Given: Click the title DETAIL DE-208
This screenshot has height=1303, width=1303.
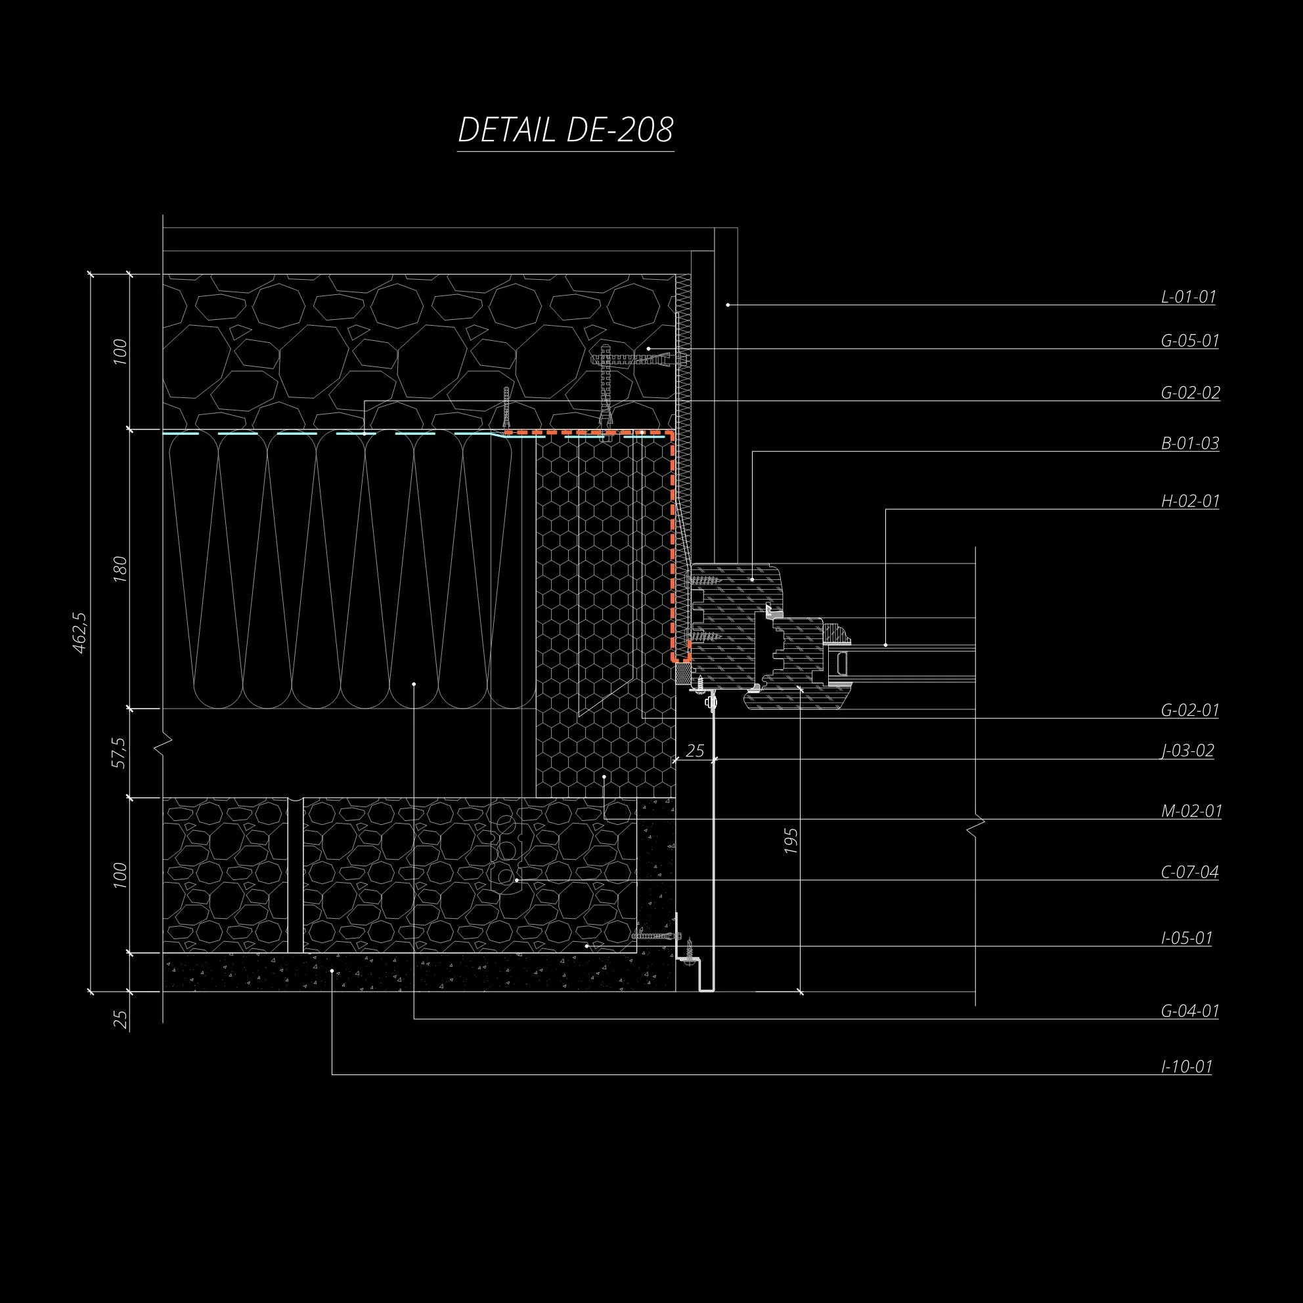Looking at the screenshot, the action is [565, 129].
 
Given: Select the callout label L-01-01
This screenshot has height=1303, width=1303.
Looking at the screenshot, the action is [1188, 297].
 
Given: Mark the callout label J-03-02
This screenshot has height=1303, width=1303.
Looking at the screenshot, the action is [1187, 751].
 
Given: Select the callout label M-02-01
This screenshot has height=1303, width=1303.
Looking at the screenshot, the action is [1191, 810].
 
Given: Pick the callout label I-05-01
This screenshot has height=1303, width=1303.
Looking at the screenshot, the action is [1187, 937].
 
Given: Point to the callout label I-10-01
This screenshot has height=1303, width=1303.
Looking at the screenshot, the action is [1187, 1067].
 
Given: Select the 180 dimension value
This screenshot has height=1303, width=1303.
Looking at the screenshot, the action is [120, 569].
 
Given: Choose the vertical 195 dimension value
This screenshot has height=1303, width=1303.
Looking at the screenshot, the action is [791, 841].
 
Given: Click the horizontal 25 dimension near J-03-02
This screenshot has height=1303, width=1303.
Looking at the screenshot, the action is [695, 751].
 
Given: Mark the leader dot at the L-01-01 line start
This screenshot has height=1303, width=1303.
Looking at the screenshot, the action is [728, 305].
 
